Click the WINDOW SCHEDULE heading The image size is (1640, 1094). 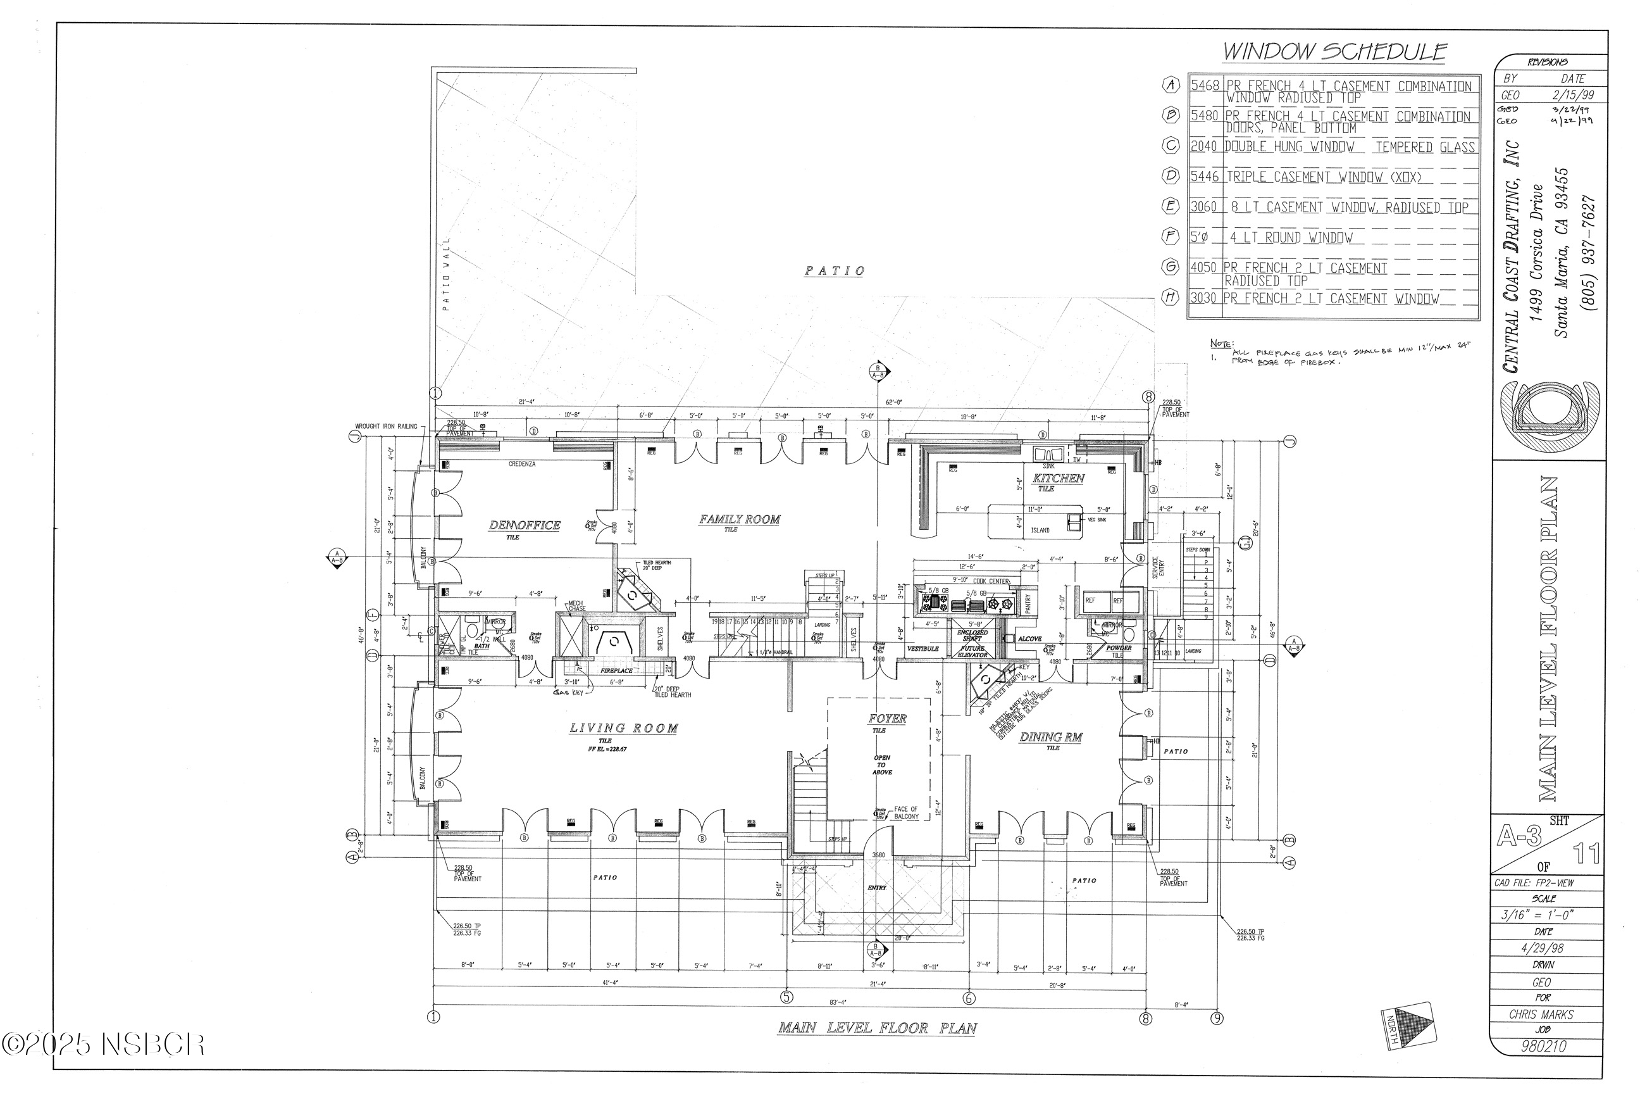tap(1334, 52)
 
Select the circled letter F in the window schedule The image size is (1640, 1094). tap(1169, 237)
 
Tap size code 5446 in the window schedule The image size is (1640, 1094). tap(1204, 177)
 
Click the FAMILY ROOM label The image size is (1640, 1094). tap(739, 519)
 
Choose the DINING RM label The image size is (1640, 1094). tap(1051, 738)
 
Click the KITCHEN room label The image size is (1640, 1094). tap(1058, 479)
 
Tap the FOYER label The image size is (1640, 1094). tap(887, 719)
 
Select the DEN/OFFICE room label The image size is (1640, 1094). tap(525, 525)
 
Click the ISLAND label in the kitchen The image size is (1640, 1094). tap(1040, 531)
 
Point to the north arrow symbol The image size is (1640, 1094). tap(1408, 1024)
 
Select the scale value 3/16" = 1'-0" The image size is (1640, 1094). tap(1543, 915)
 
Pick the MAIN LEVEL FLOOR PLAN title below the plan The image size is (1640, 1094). tap(877, 1028)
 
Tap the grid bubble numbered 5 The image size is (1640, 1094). tap(786, 997)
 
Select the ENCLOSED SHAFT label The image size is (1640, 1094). tap(971, 636)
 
